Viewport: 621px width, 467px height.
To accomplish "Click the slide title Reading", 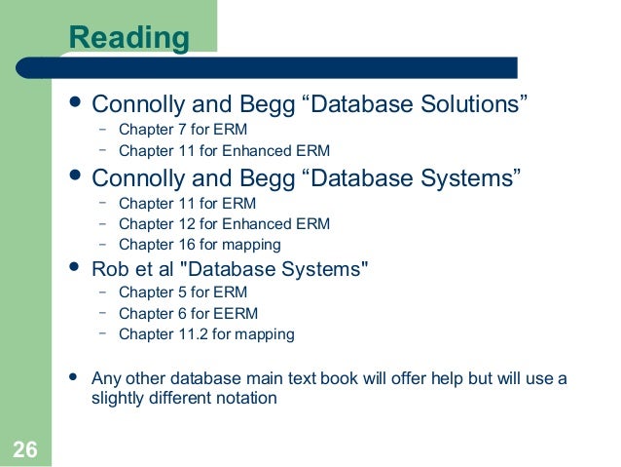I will coord(129,38).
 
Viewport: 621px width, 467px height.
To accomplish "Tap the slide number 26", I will coord(25,448).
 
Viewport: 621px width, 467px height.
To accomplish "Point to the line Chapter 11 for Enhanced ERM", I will coord(224,151).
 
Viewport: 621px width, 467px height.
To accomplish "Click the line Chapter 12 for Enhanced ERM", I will coord(224,224).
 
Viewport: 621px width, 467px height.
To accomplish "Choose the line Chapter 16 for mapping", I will coord(200,245).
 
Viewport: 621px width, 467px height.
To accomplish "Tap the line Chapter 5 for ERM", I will coord(183,292).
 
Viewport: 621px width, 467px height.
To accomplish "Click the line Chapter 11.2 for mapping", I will coord(206,334).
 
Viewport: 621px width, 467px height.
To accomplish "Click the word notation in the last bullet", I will coord(247,398).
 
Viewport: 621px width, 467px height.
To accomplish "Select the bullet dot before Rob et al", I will coord(71,266).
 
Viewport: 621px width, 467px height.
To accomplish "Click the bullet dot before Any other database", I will coord(71,376).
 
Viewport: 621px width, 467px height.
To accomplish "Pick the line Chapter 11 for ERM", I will coord(187,204).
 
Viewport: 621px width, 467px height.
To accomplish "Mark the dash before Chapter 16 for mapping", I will coord(102,245).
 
